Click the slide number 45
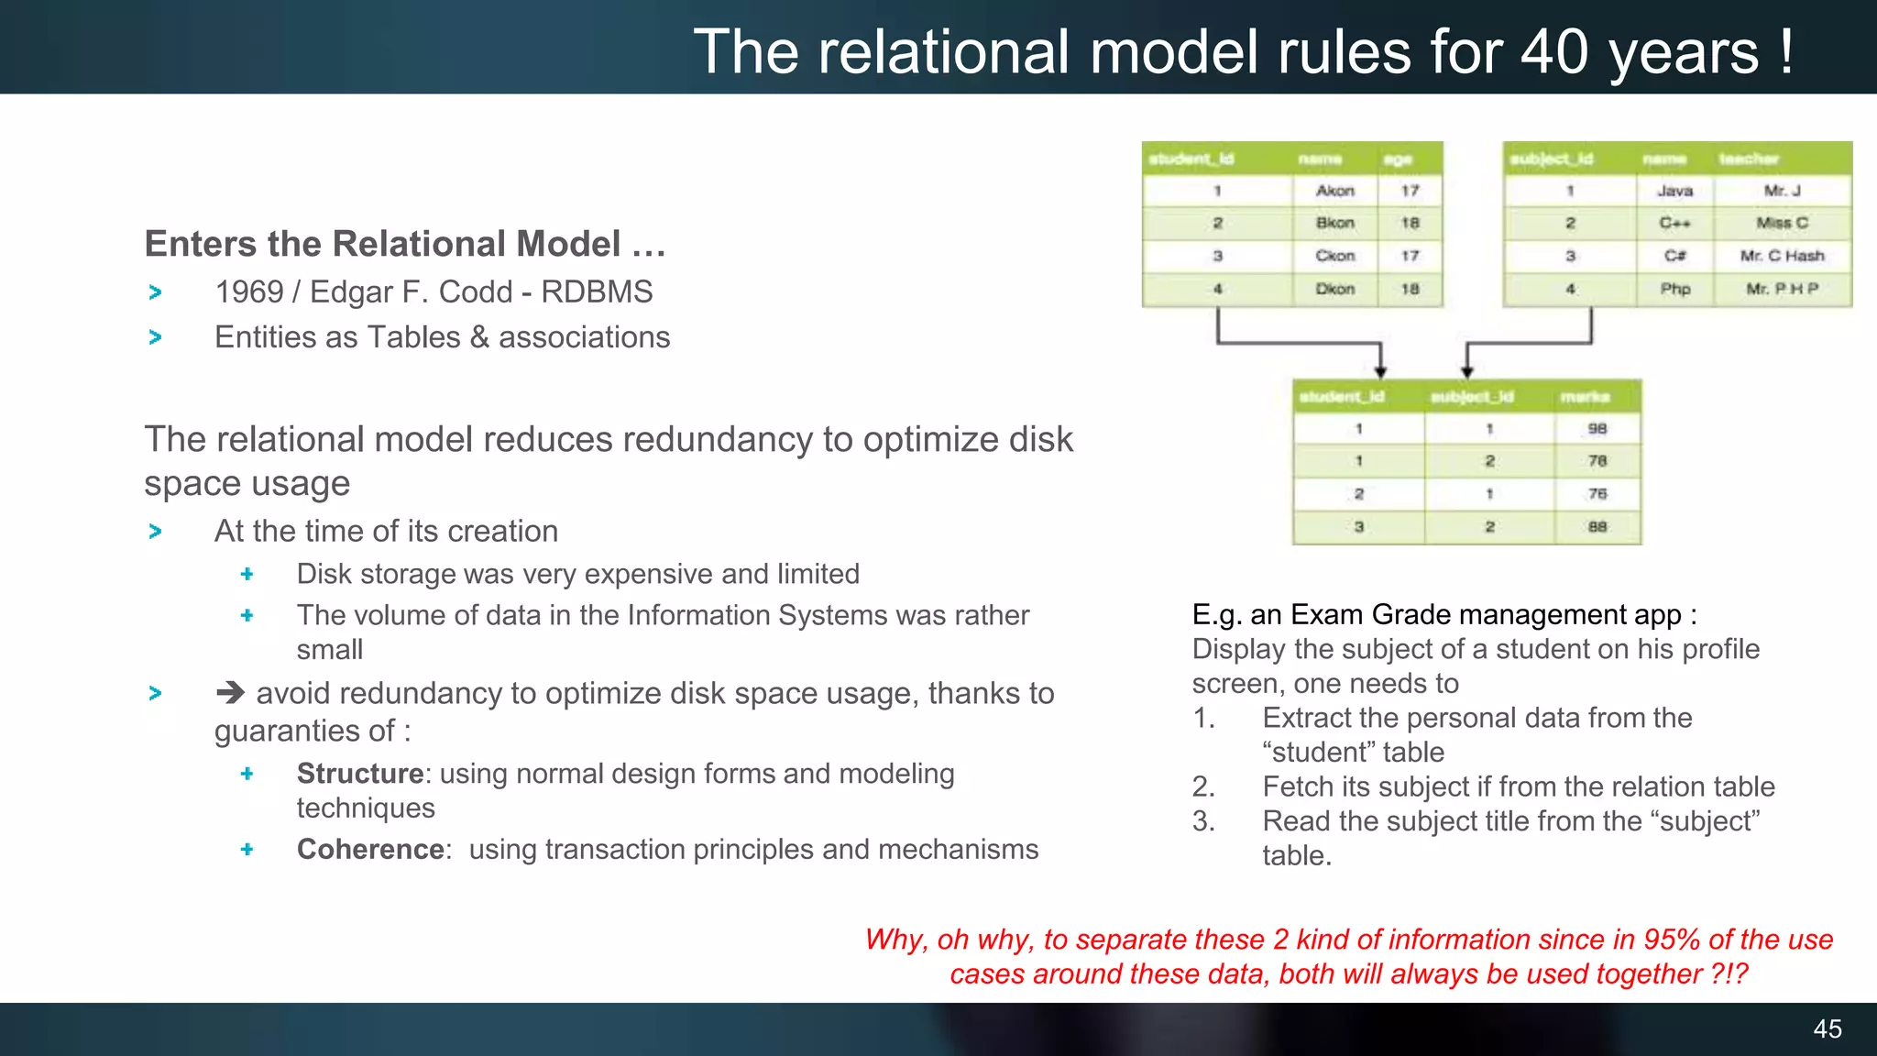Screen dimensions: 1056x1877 [1827, 1028]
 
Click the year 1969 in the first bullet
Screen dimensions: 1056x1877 [248, 291]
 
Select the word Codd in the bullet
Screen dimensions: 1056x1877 [475, 291]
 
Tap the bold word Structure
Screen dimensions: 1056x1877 [359, 774]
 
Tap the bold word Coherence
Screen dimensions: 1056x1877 [370, 849]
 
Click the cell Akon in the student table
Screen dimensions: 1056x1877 [1334, 191]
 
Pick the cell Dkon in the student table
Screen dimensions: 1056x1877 [1334, 289]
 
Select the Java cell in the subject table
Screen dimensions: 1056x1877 [1674, 191]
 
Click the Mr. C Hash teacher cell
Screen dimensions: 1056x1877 [1782, 256]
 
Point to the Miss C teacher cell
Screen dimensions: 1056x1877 [1782, 223]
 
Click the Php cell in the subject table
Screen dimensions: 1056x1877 [1674, 289]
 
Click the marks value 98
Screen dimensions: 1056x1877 [1597, 428]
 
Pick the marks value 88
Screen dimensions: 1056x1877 [1597, 527]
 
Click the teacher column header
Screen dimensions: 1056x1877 [1748, 159]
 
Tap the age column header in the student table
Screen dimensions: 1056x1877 [1398, 159]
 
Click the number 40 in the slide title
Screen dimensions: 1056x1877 [1553, 51]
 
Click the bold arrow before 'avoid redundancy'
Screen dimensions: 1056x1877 [230, 693]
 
